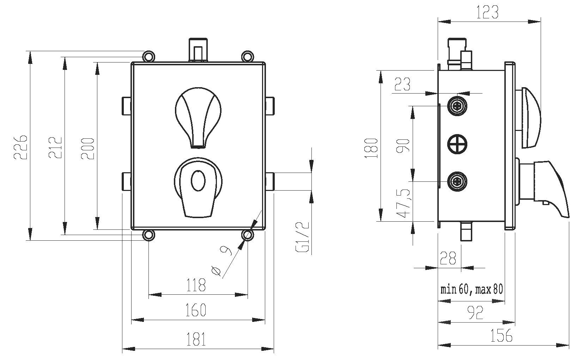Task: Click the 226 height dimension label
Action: pos(20,146)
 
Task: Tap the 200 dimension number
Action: pos(88,148)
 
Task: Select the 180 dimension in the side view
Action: pos(372,148)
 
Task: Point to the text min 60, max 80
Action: pos(472,289)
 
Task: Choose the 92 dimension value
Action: pos(475,313)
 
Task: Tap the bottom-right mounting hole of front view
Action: pos(247,235)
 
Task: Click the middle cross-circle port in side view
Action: pos(457,144)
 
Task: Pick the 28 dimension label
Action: pos(448,258)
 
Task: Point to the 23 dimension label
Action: pos(402,84)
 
